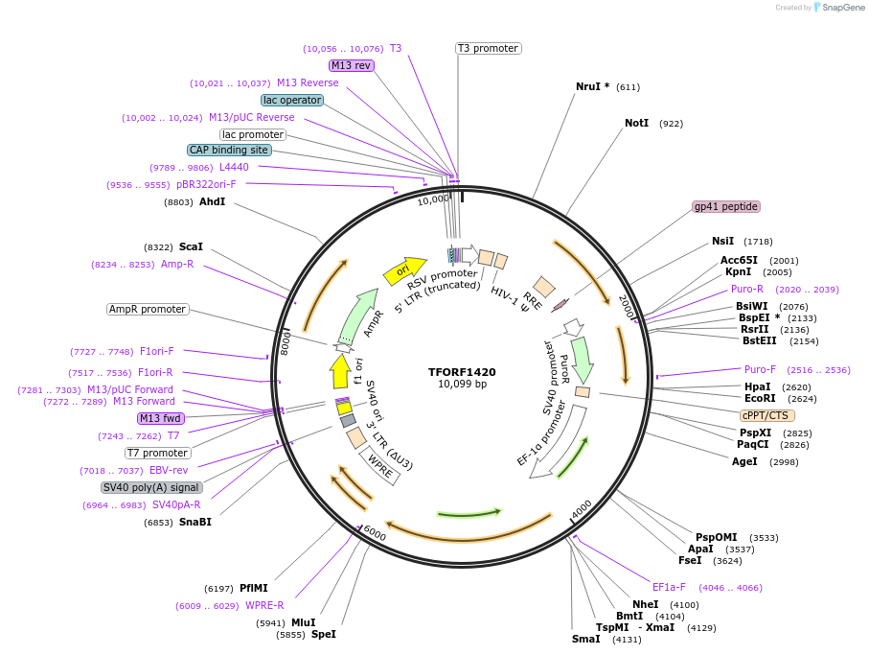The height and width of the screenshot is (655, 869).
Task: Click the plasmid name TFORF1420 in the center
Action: pyautogui.click(x=462, y=372)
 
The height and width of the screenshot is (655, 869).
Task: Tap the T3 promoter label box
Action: pyautogui.click(x=488, y=48)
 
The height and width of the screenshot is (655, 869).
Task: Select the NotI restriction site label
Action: pyautogui.click(x=637, y=124)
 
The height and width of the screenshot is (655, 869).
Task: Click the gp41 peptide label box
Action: pyautogui.click(x=726, y=206)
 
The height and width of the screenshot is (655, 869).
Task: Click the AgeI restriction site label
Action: pyautogui.click(x=744, y=461)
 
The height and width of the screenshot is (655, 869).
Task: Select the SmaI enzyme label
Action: pyautogui.click(x=585, y=639)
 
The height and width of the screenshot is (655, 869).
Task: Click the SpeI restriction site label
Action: pyautogui.click(x=324, y=634)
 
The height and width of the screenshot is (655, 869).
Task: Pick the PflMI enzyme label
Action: pyautogui.click(x=254, y=588)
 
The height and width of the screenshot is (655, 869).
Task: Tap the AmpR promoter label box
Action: pyautogui.click(x=148, y=309)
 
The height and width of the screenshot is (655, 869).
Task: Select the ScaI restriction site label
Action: pyautogui.click(x=191, y=246)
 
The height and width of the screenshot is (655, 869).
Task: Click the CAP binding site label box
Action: pyautogui.click(x=229, y=150)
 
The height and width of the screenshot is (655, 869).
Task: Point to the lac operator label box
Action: pyautogui.click(x=292, y=100)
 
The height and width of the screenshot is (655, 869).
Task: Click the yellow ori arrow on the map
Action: pyautogui.click(x=403, y=272)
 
